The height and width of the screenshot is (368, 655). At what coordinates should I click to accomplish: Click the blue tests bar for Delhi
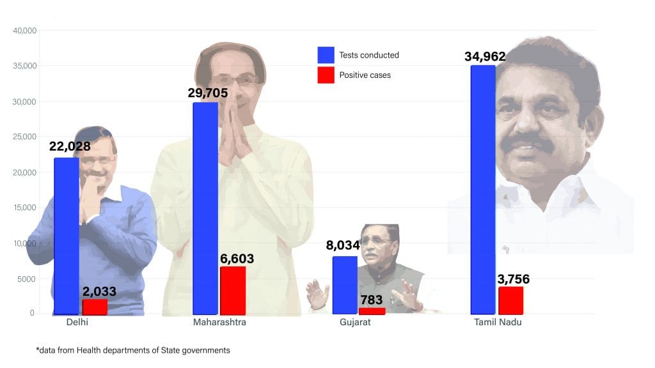[67, 236]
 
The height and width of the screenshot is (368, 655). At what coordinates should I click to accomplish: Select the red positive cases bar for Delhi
[95, 307]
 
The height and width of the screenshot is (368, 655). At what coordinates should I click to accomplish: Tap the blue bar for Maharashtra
[205, 208]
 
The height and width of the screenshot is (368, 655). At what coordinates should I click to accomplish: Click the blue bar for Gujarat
[345, 285]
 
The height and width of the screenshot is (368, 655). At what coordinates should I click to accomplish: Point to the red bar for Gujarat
[372, 311]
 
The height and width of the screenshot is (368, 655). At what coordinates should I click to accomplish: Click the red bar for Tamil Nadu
[510, 300]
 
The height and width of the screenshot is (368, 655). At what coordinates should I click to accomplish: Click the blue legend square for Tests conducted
[326, 55]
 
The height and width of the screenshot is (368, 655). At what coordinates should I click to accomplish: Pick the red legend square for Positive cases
[326, 75]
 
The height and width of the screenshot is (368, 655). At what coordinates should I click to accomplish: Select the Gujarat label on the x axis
[355, 323]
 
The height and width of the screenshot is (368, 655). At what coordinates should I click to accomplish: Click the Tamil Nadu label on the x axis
[498, 323]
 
